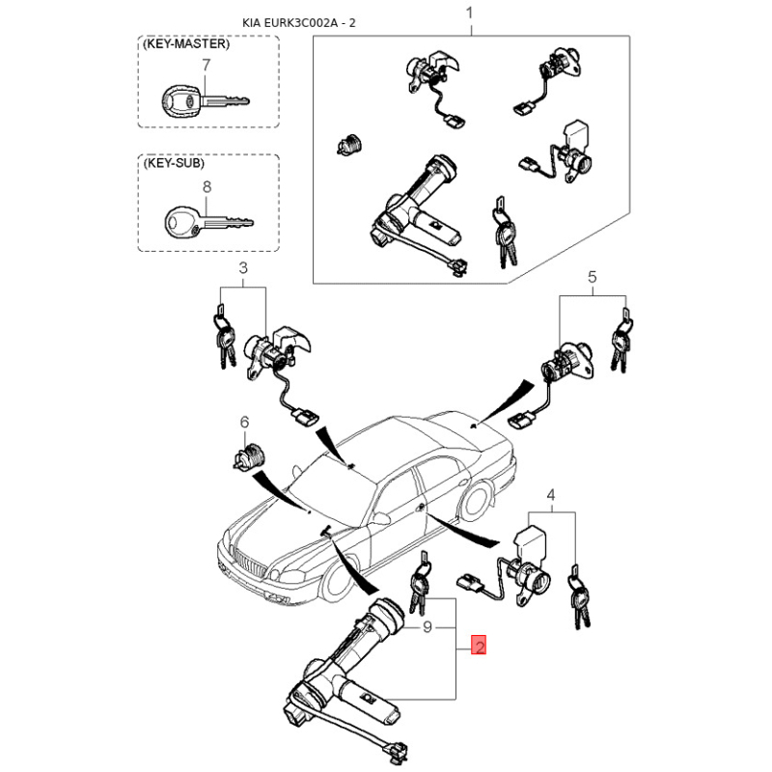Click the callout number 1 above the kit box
pos(470,13)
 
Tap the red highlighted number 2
pos(479,645)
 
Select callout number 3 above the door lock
pos(243,268)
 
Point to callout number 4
pos(551,495)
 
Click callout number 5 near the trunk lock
pos(593,277)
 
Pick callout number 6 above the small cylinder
pos(244,422)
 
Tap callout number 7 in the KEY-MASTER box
pos(207,65)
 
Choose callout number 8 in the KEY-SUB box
pos(207,187)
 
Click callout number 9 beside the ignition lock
pos(427,626)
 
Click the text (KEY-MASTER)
pos(186,43)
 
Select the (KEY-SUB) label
pos(174,163)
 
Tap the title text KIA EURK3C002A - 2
pos(298,22)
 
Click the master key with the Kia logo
pos(206,102)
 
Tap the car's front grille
pos(251,564)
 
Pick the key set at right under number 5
pos(621,340)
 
